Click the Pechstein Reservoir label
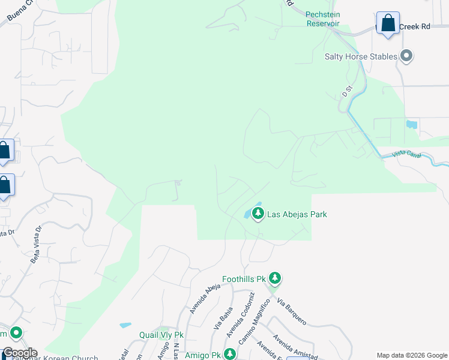coord(322,19)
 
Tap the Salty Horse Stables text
coord(361,56)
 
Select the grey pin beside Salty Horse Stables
coord(406,56)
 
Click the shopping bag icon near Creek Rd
coord(388,24)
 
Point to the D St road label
coord(346,91)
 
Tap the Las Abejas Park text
coord(297,214)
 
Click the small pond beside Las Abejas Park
coord(247,214)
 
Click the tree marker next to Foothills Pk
coord(275,278)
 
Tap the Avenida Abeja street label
coord(200,298)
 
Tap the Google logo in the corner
coord(19,353)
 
